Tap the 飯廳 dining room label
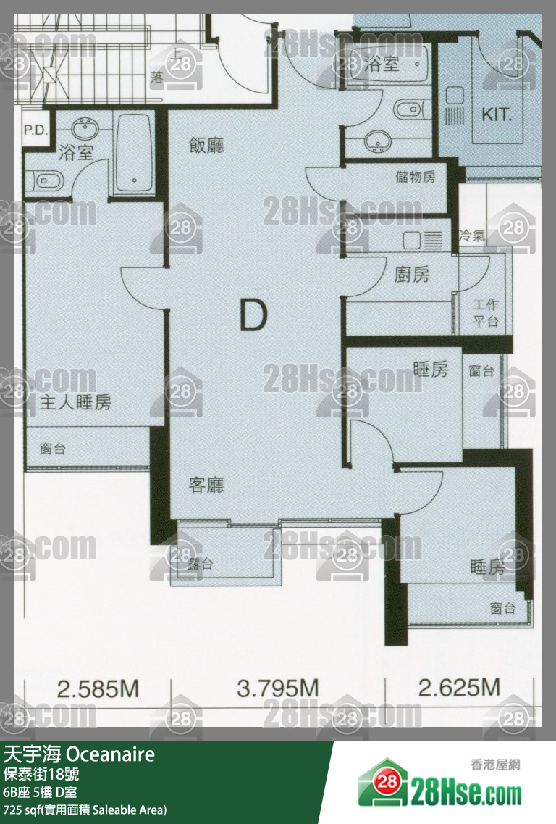pyautogui.click(x=206, y=145)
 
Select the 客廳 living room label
pyautogui.click(x=206, y=485)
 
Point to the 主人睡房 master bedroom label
pyautogui.click(x=76, y=403)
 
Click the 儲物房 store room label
pyautogui.click(x=416, y=176)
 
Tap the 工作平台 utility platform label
pyautogui.click(x=486, y=312)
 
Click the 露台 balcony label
pyautogui.click(x=200, y=564)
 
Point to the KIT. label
pyautogui.click(x=497, y=115)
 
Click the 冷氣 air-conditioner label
pyautogui.click(x=473, y=236)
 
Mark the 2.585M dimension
pyautogui.click(x=98, y=688)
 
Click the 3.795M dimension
pyautogui.click(x=277, y=688)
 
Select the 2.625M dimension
pyautogui.click(x=460, y=688)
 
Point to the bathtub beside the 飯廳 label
pyautogui.click(x=133, y=153)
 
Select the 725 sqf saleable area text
pyautogui.click(x=85, y=809)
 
